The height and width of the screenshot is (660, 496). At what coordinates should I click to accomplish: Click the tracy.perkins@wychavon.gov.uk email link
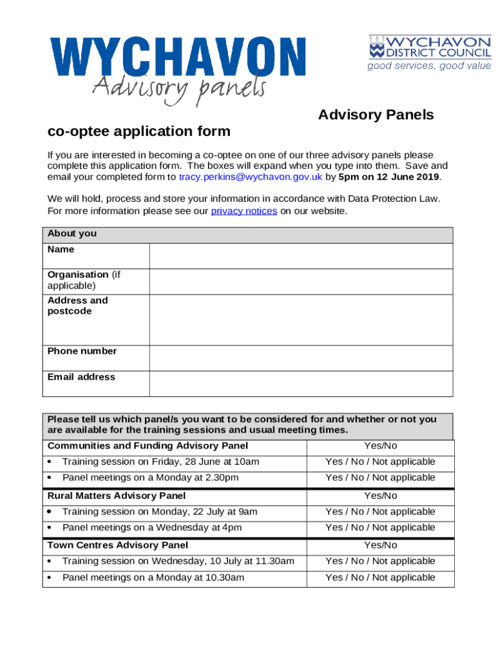pos(251,177)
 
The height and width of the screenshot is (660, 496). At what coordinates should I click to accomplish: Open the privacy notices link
pos(244,211)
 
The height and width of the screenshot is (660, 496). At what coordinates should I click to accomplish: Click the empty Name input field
pos(301,256)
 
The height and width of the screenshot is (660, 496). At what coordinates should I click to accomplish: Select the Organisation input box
pos(301,281)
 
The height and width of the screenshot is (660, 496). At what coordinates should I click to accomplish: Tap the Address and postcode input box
pos(301,320)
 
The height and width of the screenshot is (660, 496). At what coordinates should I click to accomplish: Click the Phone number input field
pos(301,358)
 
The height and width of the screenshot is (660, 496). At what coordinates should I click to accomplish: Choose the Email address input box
pos(301,383)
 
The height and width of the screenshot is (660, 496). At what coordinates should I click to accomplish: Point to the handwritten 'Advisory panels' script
pos(178,88)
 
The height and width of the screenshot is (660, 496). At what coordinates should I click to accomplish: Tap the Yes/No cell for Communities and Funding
pos(380,446)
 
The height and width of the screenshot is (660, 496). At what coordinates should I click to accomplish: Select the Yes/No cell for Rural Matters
pos(380,496)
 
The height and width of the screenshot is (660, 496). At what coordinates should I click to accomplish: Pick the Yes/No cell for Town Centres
pos(380,545)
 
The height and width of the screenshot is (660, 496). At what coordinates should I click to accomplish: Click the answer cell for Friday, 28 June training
pos(380,461)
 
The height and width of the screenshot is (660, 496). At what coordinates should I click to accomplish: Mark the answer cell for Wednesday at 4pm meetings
pos(380,527)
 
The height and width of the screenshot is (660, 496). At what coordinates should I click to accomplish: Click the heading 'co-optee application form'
pos(138,131)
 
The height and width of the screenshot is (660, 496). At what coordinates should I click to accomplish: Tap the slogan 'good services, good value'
pos(429,66)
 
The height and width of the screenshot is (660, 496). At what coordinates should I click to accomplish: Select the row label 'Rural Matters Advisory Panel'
pos(117,496)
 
